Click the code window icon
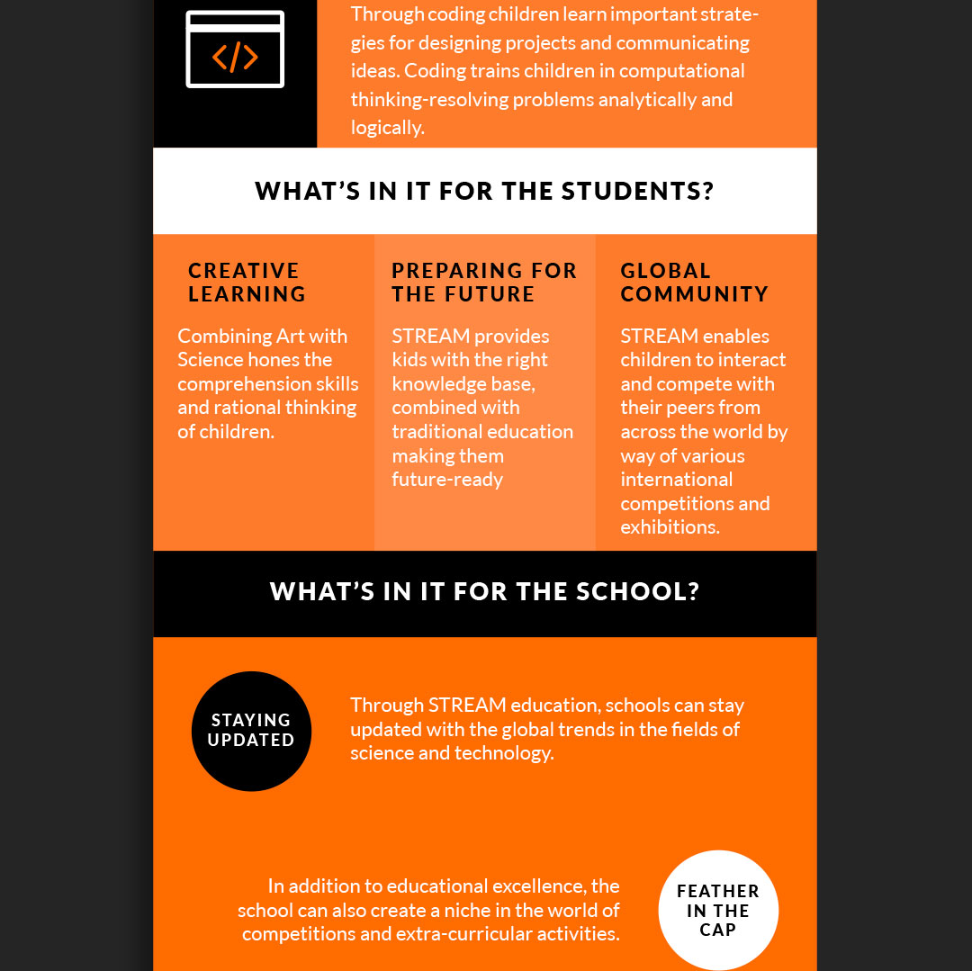tap(235, 49)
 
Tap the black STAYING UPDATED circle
tap(251, 731)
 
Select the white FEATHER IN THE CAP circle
tap(718, 910)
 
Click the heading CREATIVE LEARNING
tap(247, 283)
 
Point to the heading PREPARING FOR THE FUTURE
tap(484, 283)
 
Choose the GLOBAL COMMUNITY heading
tap(694, 283)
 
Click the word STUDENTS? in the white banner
tap(637, 191)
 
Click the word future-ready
tap(447, 480)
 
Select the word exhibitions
tap(670, 527)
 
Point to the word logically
tap(387, 128)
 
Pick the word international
tap(676, 480)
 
